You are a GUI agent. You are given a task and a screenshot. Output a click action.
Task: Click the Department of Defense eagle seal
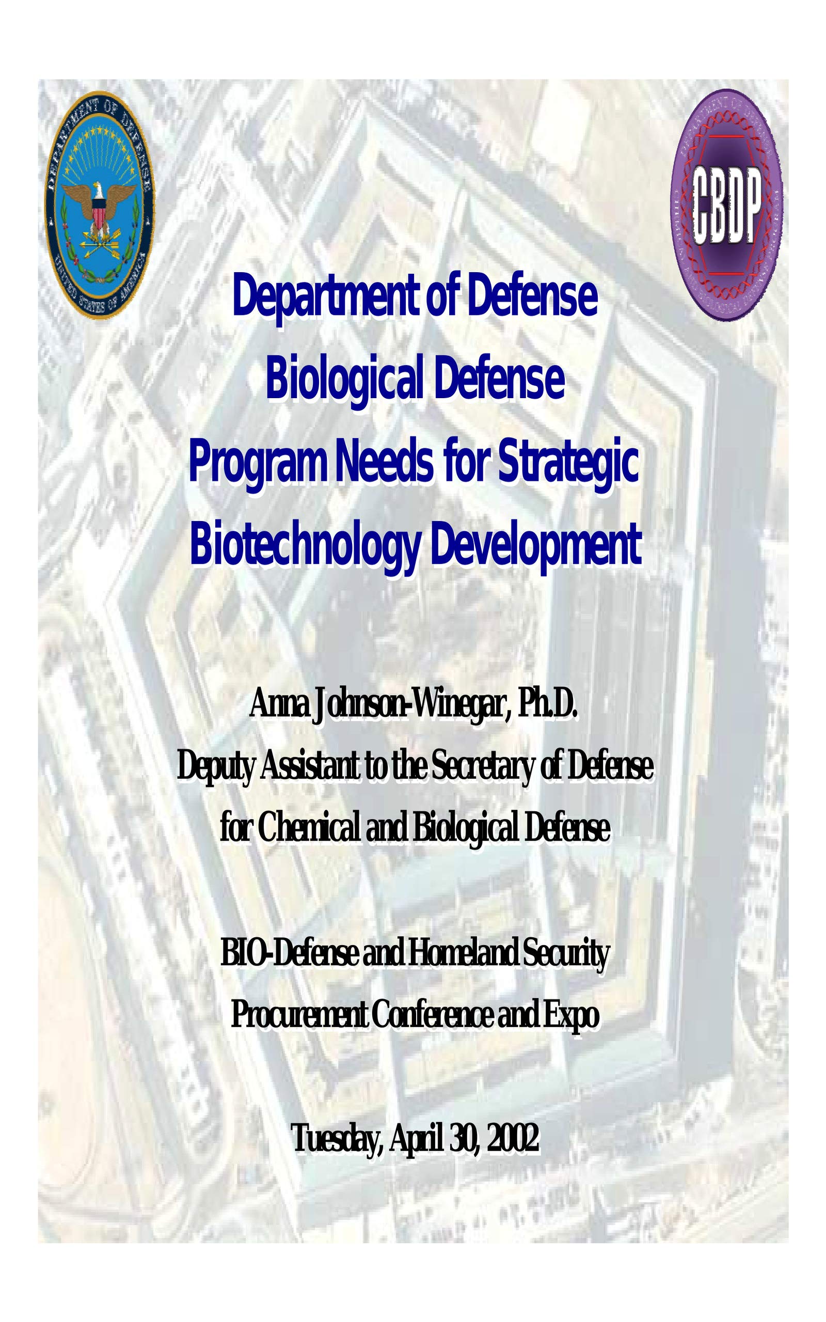click(x=100, y=205)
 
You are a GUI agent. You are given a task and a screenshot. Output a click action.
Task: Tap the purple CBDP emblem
click(x=726, y=205)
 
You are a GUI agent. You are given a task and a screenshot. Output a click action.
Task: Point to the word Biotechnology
click(x=306, y=546)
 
